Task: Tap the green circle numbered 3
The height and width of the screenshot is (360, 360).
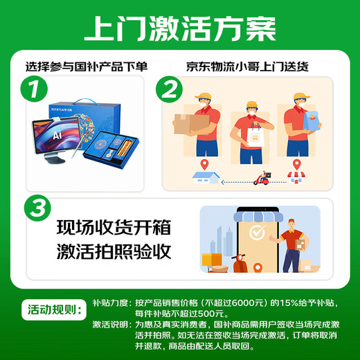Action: (35, 208)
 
